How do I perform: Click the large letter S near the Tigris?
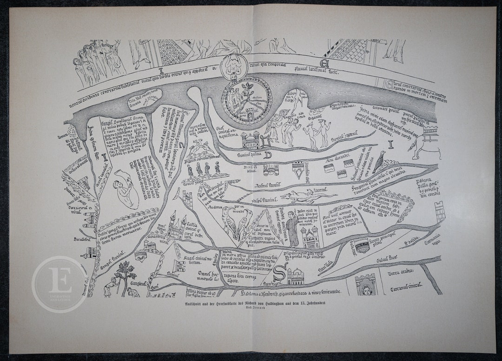280,271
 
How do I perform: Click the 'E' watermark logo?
59,284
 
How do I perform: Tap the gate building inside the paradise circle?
250,113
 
